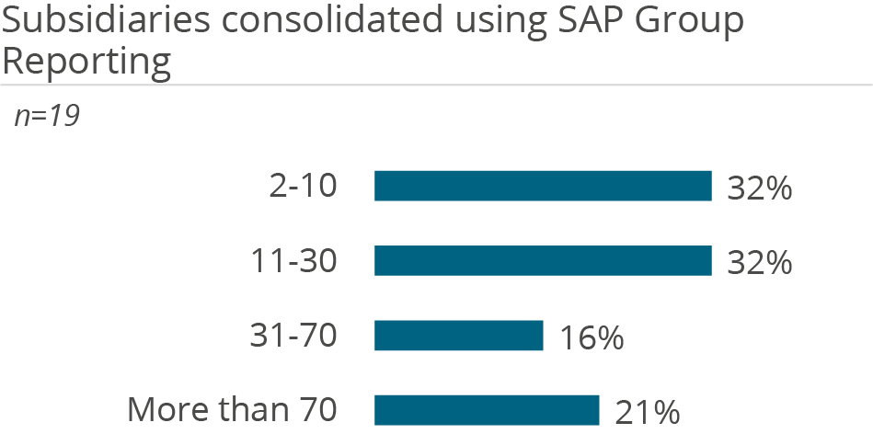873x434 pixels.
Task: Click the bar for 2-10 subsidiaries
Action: coord(543,186)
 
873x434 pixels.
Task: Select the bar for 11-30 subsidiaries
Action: coord(543,261)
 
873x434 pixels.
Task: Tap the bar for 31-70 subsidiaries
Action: coord(459,336)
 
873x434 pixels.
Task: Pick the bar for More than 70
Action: coord(487,410)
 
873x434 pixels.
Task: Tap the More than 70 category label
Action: coord(232,410)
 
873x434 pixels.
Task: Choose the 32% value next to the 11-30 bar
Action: coord(759,263)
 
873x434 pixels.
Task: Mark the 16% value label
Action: coord(592,337)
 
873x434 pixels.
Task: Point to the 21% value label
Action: coord(647,412)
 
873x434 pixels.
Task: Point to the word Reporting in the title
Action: coord(86,62)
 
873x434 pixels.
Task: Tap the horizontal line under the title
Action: coord(436,86)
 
